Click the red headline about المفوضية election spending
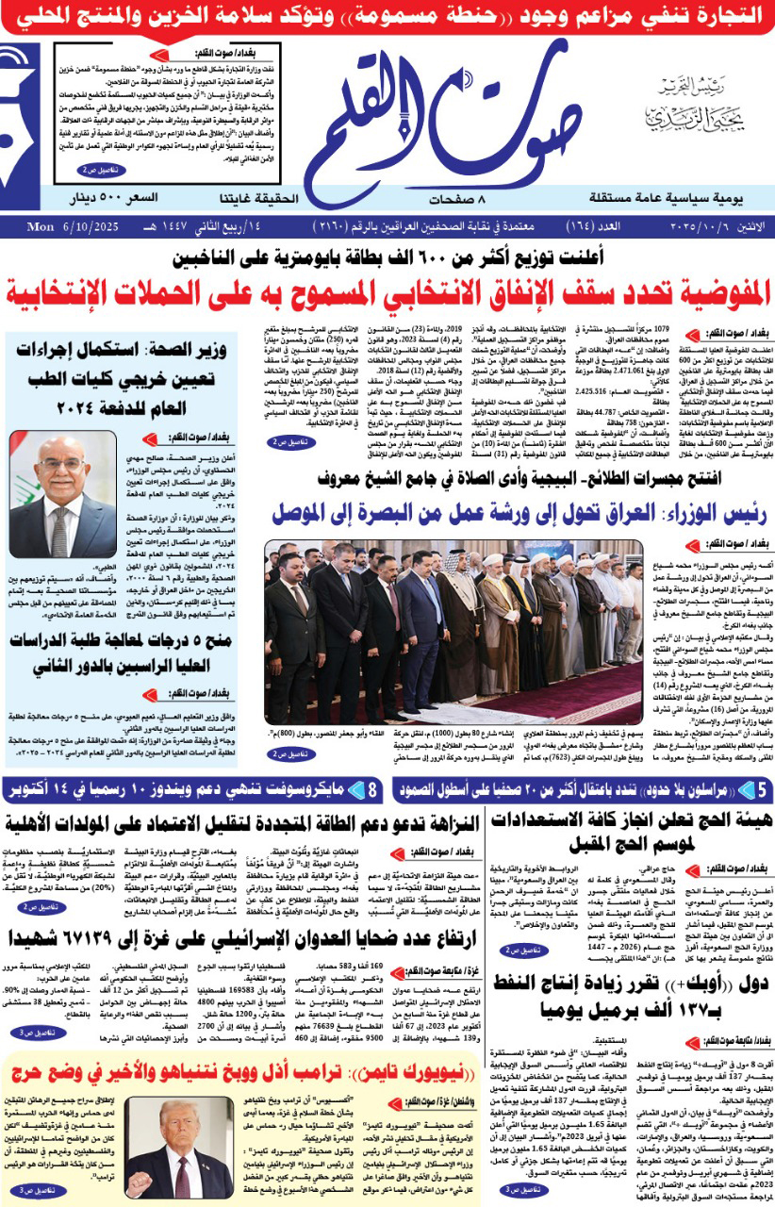tap(387, 289)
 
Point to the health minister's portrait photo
tap(62, 494)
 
